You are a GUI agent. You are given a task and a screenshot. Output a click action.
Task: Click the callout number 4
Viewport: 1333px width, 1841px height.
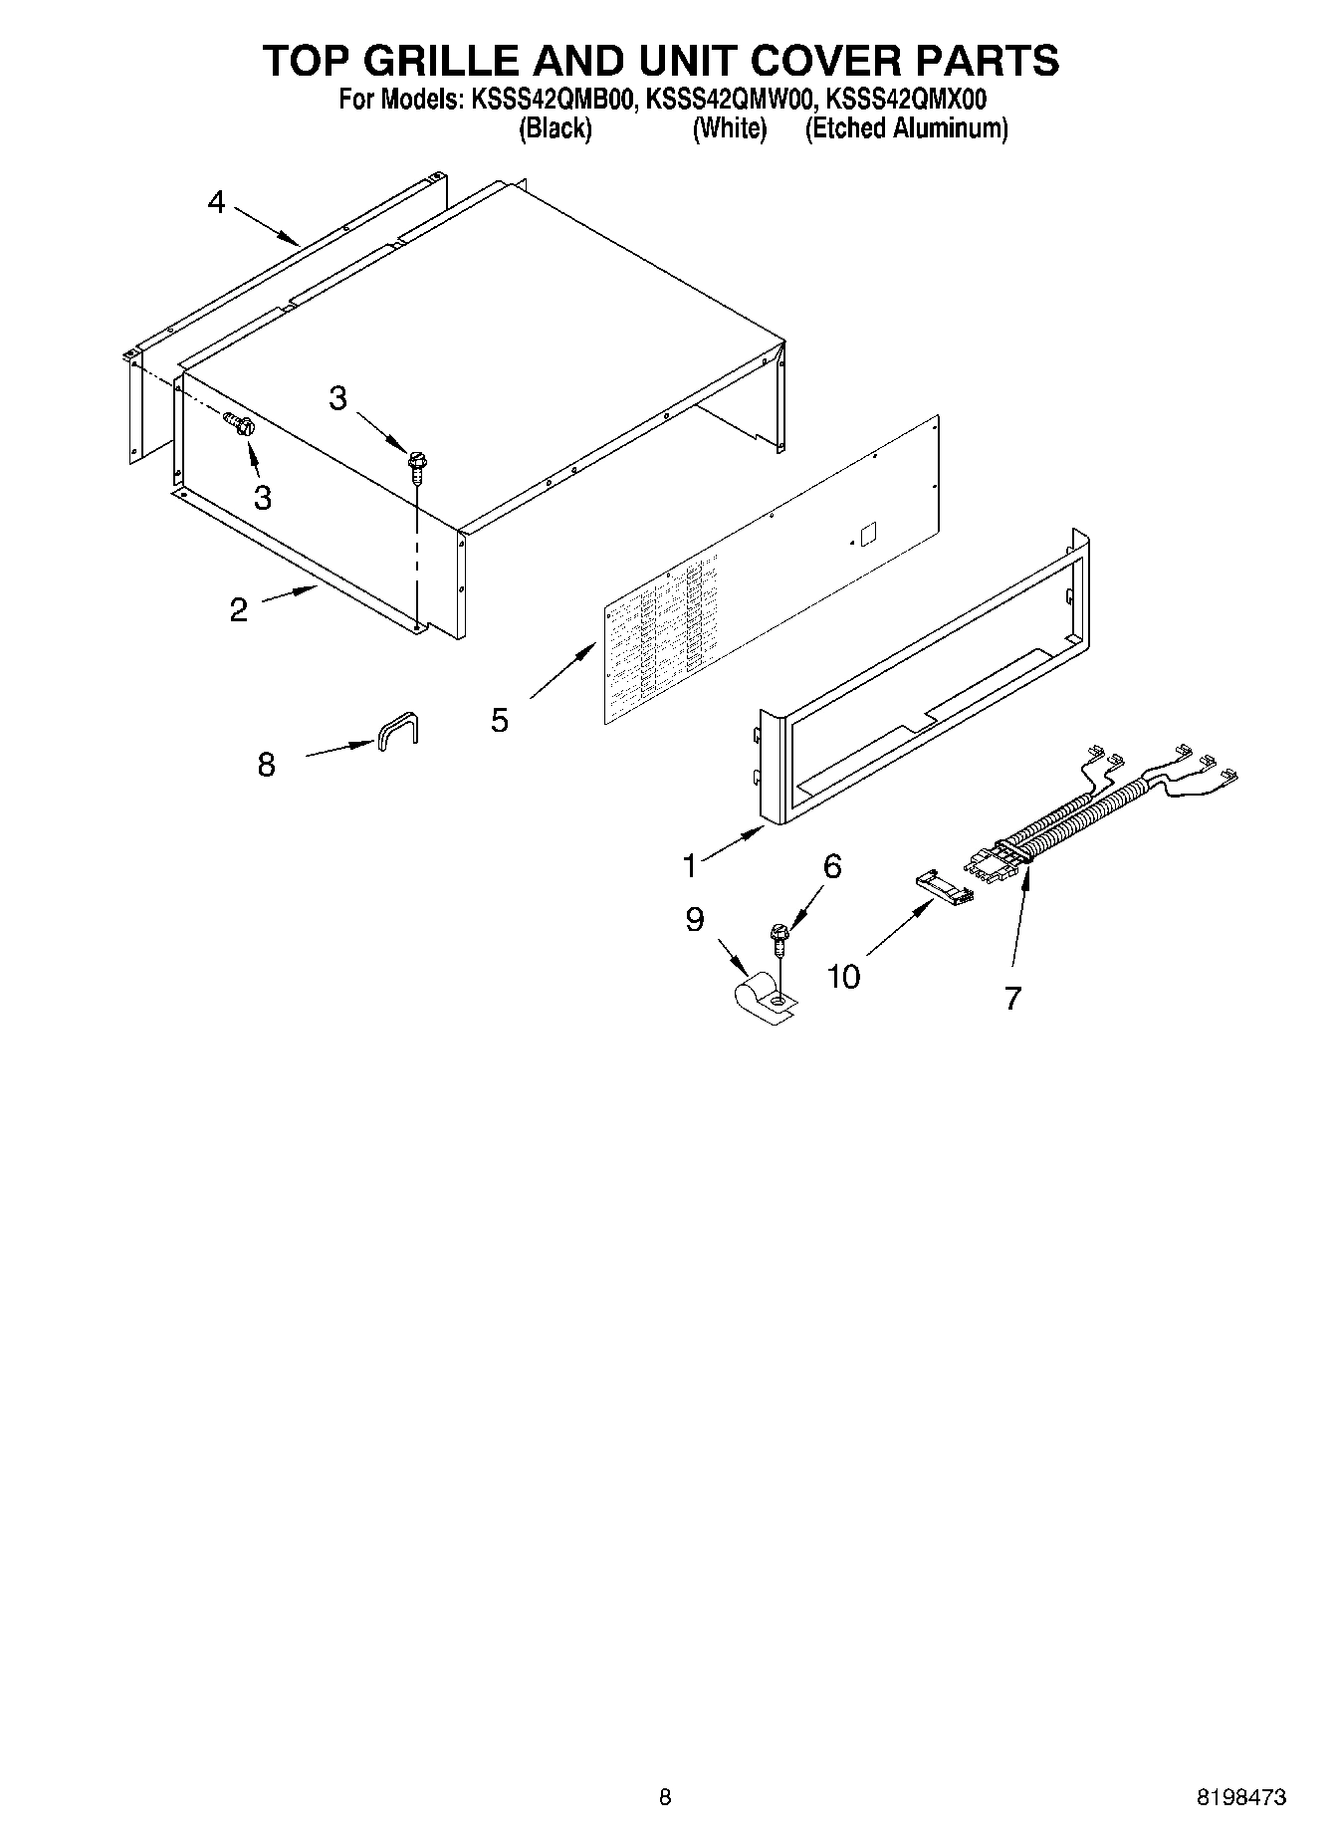216,203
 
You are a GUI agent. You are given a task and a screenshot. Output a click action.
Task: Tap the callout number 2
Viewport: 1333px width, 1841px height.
238,609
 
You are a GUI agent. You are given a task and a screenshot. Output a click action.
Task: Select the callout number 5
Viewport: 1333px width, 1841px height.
500,719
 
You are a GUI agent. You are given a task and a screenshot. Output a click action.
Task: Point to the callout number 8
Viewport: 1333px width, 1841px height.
266,765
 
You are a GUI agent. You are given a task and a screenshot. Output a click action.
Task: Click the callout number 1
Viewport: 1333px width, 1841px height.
690,866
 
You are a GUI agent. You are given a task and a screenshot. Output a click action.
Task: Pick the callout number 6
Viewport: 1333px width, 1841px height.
832,866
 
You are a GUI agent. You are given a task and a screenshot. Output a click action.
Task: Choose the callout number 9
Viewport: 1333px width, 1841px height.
695,919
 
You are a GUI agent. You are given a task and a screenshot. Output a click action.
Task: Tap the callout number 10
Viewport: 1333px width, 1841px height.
843,977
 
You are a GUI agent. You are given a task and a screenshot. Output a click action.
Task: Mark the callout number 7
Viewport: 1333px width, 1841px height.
1012,997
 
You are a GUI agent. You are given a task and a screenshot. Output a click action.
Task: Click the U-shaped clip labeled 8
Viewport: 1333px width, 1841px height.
397,730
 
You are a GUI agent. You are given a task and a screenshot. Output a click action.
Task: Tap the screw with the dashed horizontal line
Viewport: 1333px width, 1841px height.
240,426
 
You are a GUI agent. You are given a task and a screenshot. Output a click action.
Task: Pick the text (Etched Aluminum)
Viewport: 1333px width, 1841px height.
906,128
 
